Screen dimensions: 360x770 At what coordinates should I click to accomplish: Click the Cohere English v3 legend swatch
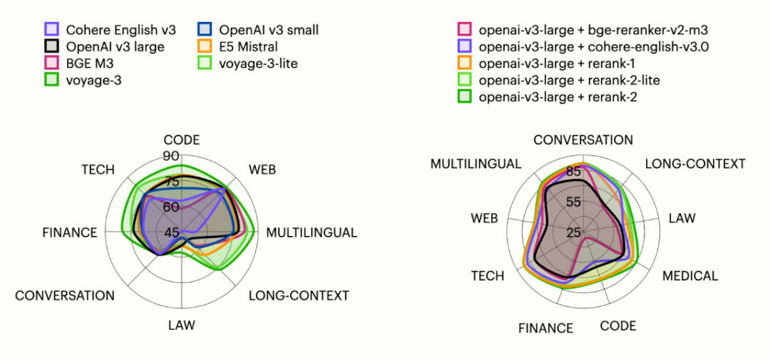click(51, 30)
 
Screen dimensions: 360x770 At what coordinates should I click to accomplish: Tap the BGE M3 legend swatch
click(51, 63)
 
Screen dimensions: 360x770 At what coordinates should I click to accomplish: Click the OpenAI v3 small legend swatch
click(204, 30)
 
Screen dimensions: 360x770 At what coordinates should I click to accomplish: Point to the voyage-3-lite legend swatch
click(204, 63)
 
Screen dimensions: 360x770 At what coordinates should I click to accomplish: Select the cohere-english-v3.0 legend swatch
click(465, 47)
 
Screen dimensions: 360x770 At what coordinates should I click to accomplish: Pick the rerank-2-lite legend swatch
click(465, 80)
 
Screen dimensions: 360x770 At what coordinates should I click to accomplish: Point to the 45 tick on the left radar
click(172, 232)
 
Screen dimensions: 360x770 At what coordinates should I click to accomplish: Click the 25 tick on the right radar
click(574, 232)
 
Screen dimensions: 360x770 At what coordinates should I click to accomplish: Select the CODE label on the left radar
click(182, 140)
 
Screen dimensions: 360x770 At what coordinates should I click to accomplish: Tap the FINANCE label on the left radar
click(70, 233)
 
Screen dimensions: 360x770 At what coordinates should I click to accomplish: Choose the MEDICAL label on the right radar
click(690, 277)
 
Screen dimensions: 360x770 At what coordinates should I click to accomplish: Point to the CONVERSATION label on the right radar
click(583, 140)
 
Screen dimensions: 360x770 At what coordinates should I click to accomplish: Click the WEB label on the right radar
click(484, 218)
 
